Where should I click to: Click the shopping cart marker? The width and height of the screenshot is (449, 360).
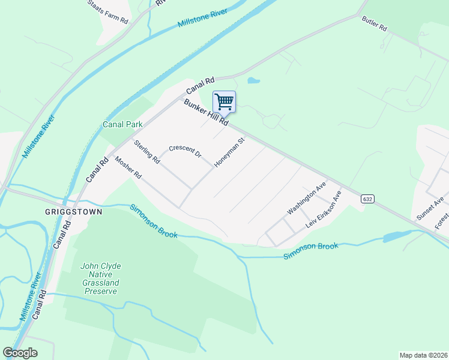click(224, 101)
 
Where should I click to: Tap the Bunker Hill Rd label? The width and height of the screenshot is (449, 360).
click(206, 112)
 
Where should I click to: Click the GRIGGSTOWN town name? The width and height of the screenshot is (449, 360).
click(74, 212)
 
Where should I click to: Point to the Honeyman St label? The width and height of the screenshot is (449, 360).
click(231, 153)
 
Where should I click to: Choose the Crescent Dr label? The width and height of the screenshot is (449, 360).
click(185, 151)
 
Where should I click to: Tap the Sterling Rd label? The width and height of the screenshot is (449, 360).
click(147, 152)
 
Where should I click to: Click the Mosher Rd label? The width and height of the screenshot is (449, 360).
click(128, 169)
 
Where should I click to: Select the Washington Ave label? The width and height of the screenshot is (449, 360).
click(306, 197)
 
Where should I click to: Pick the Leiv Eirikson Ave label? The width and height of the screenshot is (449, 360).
click(323, 209)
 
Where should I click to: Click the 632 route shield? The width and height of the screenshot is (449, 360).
click(368, 199)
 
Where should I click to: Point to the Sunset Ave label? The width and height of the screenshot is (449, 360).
click(431, 208)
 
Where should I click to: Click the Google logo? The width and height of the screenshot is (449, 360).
click(20, 353)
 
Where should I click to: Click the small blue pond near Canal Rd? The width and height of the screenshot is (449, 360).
click(253, 80)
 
